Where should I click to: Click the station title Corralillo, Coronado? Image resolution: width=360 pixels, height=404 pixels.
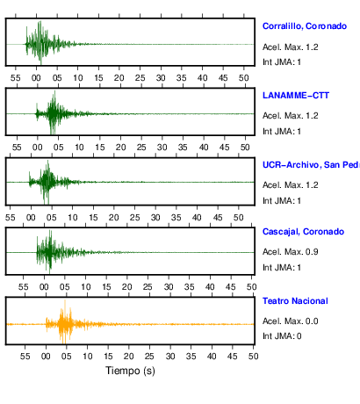click(x=305, y=26)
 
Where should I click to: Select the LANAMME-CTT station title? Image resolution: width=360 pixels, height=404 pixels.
click(x=296, y=96)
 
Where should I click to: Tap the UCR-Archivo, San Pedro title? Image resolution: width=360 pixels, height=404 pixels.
click(x=311, y=165)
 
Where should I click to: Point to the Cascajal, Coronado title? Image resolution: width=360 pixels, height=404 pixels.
click(x=303, y=232)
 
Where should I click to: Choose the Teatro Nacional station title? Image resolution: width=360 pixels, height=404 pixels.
click(x=295, y=301)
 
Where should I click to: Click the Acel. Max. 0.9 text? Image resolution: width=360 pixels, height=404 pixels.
click(x=291, y=252)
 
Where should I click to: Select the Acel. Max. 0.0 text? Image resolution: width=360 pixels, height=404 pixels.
click(x=291, y=321)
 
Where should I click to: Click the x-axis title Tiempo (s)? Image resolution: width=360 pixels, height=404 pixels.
click(x=130, y=371)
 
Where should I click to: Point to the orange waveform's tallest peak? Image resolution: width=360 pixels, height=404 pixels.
click(x=65, y=300)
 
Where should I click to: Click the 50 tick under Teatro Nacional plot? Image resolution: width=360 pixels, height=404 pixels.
click(x=254, y=357)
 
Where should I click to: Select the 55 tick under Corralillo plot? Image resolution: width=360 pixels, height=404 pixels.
click(x=16, y=78)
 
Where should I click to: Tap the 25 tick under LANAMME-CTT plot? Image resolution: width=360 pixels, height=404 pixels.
click(x=141, y=148)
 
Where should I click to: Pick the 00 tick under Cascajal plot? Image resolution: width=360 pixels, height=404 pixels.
click(x=44, y=287)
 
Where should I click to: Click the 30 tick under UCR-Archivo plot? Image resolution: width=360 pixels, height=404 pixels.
click(x=155, y=218)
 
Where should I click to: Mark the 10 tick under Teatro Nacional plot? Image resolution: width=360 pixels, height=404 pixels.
click(x=87, y=357)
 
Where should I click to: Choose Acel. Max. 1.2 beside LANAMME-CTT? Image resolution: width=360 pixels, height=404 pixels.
click(x=291, y=116)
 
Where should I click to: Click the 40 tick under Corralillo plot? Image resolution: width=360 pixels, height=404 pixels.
click(x=202, y=78)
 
